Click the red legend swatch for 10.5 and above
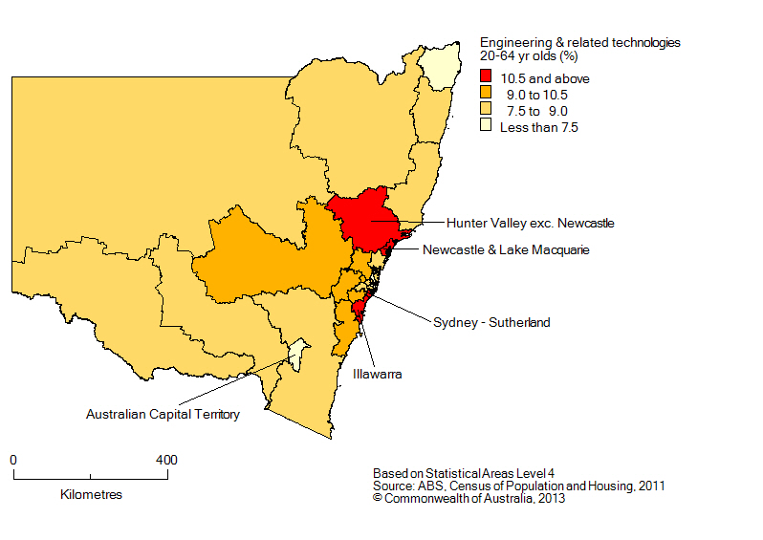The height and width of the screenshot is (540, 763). (x=487, y=77)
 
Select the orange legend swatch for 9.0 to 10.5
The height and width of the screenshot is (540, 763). (x=487, y=94)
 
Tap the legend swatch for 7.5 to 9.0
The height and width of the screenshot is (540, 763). (x=487, y=110)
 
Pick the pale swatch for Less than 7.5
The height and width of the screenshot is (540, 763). (x=487, y=126)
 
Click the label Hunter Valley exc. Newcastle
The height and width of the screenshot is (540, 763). (x=530, y=223)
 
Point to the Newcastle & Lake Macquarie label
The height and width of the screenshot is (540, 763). (x=506, y=250)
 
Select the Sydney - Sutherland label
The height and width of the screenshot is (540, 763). (x=491, y=323)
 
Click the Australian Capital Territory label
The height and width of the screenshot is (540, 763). (x=163, y=415)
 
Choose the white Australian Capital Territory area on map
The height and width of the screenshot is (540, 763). (x=299, y=355)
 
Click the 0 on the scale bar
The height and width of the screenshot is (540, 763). (x=13, y=461)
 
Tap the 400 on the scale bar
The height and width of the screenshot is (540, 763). (x=166, y=461)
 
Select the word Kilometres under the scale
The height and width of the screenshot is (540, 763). (x=91, y=495)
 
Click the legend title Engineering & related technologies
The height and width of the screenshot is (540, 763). (x=579, y=43)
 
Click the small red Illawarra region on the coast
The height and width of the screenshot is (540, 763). (x=359, y=308)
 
